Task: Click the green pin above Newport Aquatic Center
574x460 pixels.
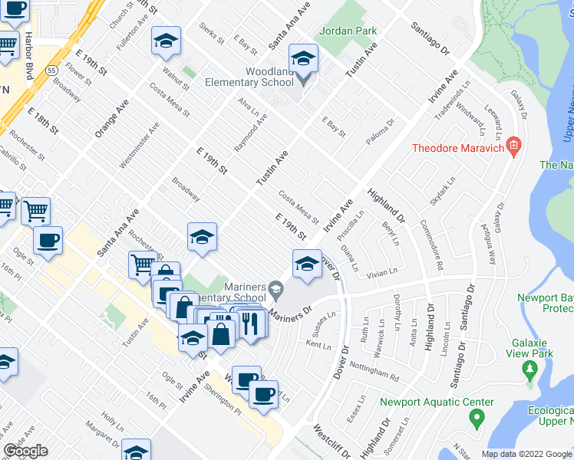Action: tap(476, 419)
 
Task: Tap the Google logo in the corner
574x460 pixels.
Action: tap(25, 451)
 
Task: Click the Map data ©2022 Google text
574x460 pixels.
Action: tap(526, 454)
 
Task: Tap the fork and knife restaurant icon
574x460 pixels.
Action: tap(251, 324)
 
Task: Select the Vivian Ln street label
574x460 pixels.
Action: tap(381, 271)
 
